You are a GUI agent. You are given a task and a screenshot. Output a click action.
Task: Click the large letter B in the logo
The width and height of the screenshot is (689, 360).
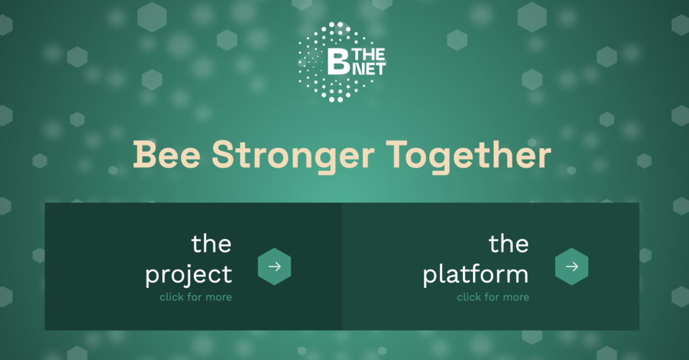coord(338,61)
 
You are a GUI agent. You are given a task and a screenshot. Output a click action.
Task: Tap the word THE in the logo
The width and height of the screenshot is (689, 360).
coord(369,55)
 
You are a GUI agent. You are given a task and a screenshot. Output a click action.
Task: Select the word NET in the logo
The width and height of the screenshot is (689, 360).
coord(369,69)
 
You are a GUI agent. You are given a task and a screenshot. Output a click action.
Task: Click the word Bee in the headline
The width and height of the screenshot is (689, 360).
coord(167,155)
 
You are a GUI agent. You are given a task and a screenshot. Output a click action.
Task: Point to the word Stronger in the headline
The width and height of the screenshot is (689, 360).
coord(293,157)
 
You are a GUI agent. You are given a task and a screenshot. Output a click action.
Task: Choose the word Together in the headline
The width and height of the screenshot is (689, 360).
coord(469,157)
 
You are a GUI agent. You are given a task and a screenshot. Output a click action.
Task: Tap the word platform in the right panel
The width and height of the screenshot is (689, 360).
coord(476,275)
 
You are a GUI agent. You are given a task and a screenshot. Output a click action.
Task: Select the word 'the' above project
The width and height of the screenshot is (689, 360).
coord(211,244)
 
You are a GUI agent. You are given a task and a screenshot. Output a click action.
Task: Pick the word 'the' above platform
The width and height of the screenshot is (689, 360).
coord(509,244)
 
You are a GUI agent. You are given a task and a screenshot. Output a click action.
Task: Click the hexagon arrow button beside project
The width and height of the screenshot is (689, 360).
coord(275,266)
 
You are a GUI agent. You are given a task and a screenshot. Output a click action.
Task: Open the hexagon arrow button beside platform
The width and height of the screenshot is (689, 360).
coord(572,266)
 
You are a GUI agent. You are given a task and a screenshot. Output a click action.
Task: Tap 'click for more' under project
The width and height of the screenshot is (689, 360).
coord(196,297)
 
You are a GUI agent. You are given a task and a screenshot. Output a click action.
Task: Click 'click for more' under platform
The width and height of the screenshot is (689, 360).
coord(493,297)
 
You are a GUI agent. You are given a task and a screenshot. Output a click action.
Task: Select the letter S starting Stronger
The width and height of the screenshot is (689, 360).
coord(224,155)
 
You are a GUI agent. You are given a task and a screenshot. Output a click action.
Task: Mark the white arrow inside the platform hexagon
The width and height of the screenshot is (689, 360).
coord(572,266)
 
